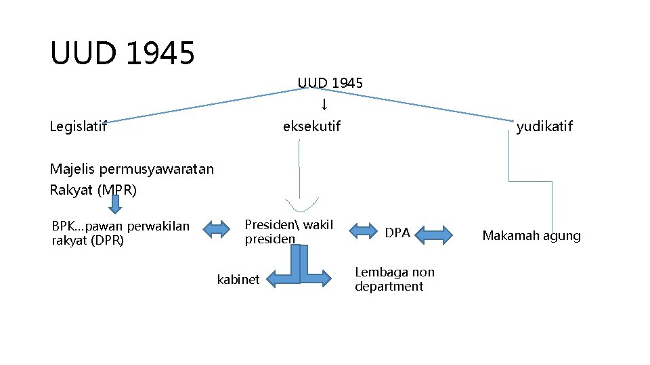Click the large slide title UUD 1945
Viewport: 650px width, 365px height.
(x=123, y=53)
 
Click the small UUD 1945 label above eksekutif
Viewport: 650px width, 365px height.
(x=330, y=83)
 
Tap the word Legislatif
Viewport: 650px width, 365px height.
(x=79, y=126)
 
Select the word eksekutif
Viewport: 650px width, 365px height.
(x=312, y=126)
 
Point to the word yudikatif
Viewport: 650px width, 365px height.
(x=544, y=126)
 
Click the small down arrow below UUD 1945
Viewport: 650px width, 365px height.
(x=324, y=104)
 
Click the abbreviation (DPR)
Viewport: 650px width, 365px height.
(x=106, y=240)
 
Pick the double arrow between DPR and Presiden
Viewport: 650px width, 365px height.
(x=217, y=230)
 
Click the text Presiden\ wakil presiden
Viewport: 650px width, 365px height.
(x=289, y=232)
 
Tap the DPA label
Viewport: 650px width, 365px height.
(x=398, y=233)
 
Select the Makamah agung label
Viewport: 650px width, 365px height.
(x=532, y=236)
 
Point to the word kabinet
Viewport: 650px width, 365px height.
(x=238, y=279)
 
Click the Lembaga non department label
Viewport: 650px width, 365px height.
(x=395, y=279)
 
